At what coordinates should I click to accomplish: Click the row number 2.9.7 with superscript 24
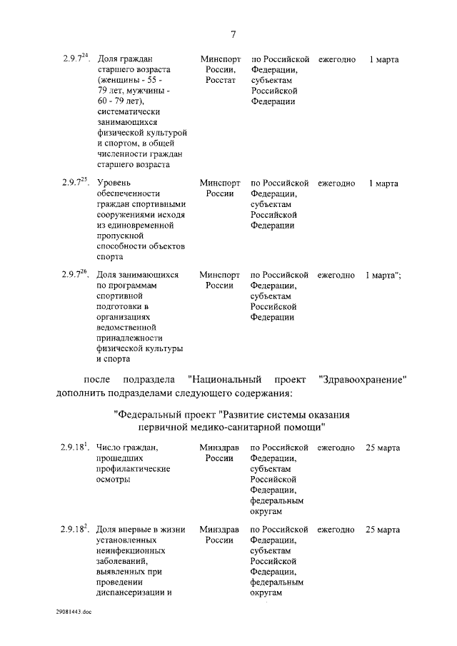click(x=75, y=59)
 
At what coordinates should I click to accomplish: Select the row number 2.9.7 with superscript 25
click(x=75, y=183)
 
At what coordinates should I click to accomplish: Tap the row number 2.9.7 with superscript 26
click(x=75, y=274)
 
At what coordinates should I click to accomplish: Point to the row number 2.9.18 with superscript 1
click(x=74, y=448)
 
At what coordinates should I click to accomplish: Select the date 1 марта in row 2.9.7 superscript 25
click(x=383, y=183)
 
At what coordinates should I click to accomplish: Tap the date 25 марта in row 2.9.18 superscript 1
click(x=383, y=448)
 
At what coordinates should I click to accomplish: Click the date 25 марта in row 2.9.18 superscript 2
click(x=383, y=530)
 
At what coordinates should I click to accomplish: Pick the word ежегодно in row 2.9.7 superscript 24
click(x=336, y=59)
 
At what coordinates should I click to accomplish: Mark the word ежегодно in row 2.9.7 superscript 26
click(x=336, y=275)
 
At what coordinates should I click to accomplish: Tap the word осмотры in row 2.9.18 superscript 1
click(x=114, y=480)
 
